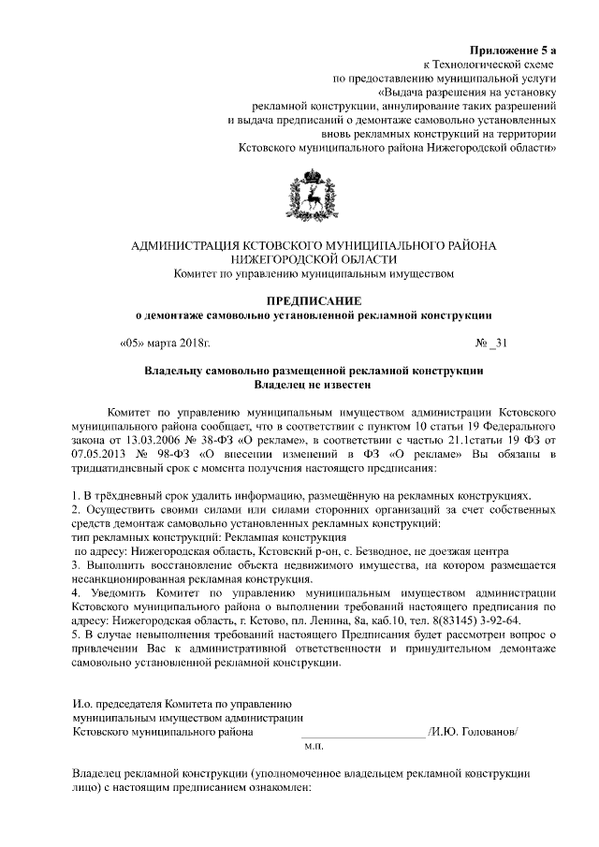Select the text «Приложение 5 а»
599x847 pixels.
tap(513, 49)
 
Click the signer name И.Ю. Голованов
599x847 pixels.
tap(472, 732)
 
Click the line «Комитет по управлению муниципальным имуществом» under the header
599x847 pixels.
tap(314, 274)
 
